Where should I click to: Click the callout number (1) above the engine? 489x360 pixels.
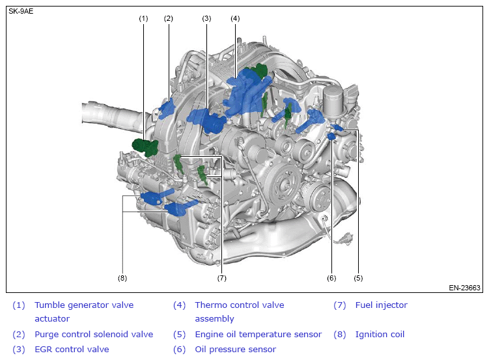(144, 18)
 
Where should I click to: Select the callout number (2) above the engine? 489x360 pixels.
(169, 18)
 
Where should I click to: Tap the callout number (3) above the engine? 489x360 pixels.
(207, 18)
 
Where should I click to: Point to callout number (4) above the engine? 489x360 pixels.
(235, 18)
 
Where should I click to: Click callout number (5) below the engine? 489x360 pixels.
(358, 278)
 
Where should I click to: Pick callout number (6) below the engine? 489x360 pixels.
(331, 278)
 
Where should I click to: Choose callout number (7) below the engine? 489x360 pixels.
(221, 278)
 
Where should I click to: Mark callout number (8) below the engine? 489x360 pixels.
(122, 278)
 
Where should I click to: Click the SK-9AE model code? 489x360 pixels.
(21, 11)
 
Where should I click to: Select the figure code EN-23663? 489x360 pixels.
(464, 287)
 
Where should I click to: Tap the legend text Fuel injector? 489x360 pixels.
(381, 305)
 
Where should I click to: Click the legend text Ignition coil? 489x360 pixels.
(380, 335)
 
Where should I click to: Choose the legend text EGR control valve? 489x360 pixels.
(72, 350)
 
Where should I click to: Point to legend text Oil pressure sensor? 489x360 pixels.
(235, 350)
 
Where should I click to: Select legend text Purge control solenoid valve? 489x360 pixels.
(94, 335)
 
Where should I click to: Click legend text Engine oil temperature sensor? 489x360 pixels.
(258, 335)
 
